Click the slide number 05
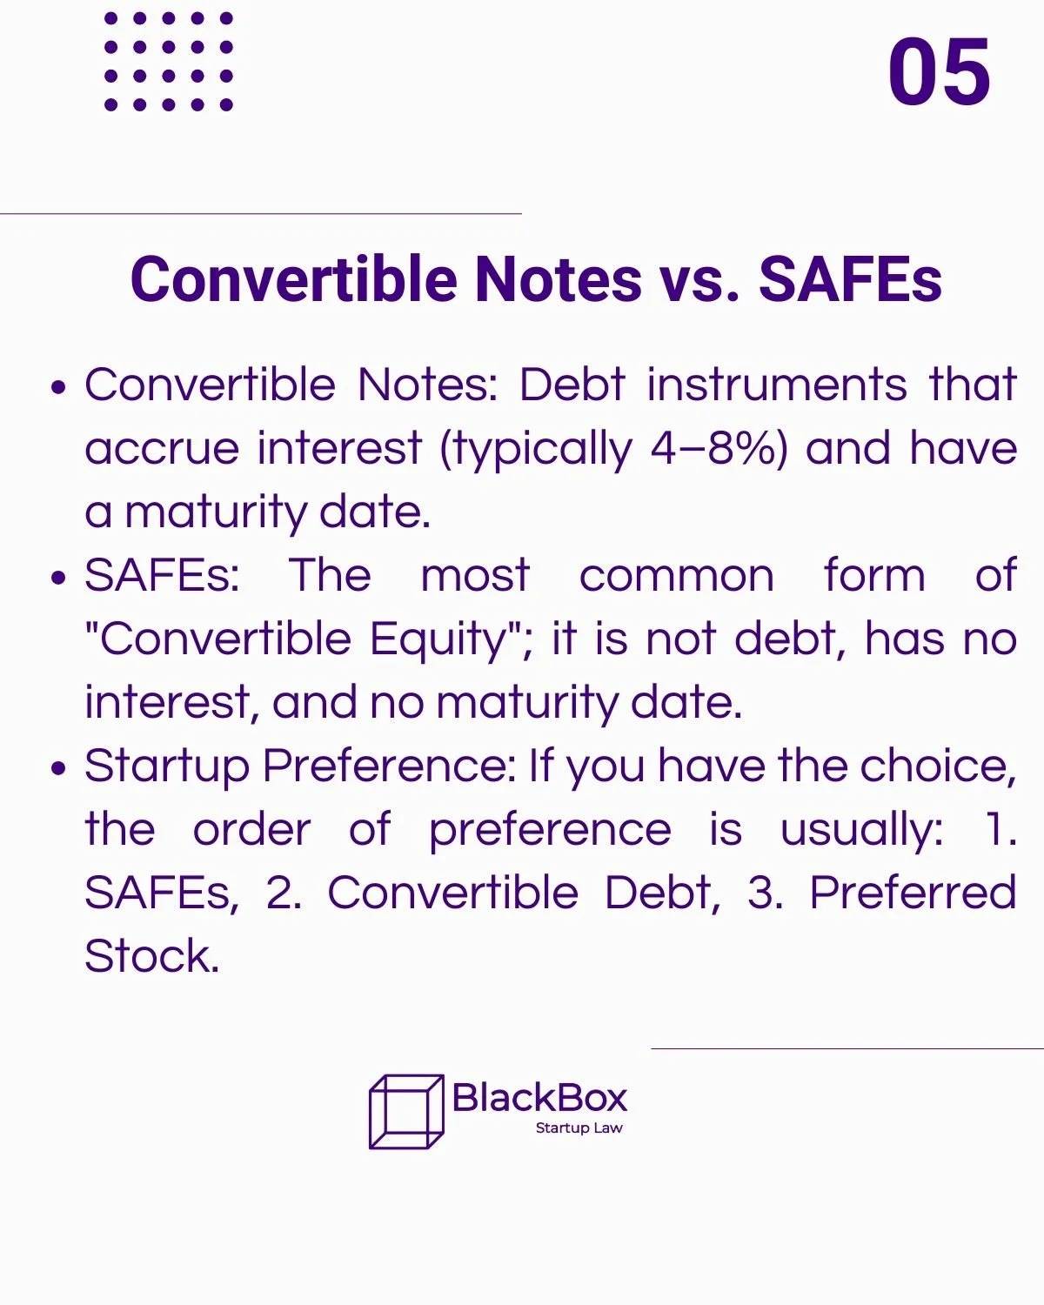pyautogui.click(x=939, y=71)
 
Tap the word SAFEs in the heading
pyautogui.click(x=850, y=279)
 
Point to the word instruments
pyautogui.click(x=777, y=385)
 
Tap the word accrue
pyautogui.click(x=162, y=449)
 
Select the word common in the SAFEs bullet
pyautogui.click(x=676, y=576)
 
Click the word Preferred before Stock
pyautogui.click(x=913, y=893)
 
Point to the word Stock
pyautogui.click(x=151, y=956)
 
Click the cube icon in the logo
pyautogui.click(x=406, y=1112)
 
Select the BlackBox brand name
pyautogui.click(x=540, y=1098)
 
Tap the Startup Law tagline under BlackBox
pyautogui.click(x=579, y=1128)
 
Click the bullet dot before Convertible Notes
pyautogui.click(x=59, y=387)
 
